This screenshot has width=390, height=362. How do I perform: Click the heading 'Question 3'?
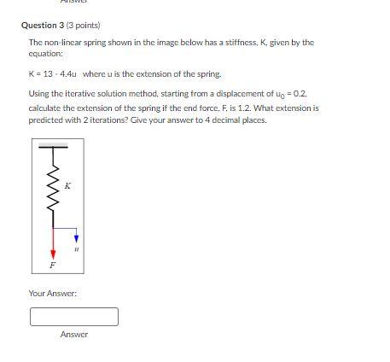43,25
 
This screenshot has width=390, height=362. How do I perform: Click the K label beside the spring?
68,185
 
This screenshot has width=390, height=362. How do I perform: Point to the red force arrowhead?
53,254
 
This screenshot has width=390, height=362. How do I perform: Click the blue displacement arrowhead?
77,238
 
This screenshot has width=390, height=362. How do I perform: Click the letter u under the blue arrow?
76,251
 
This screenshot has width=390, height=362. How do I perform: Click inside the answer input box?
73,317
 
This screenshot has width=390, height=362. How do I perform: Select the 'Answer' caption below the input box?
73,335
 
